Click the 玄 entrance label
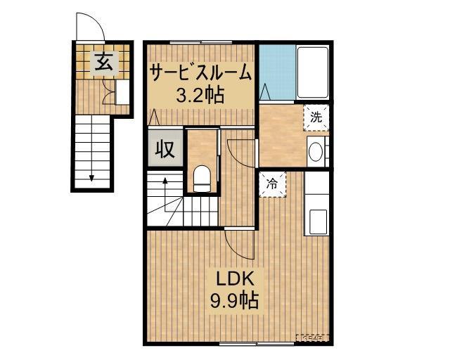coord(103,62)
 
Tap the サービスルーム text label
coord(200,72)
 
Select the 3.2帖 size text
coord(200,95)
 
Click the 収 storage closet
coord(165,150)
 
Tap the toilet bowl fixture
coord(202,177)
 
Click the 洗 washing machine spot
coord(316,117)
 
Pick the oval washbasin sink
coord(316,153)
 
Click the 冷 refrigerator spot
coord(272,184)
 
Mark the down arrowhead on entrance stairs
coord(91,176)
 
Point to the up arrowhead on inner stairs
coord(165,181)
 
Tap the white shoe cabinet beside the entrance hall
coord(122,92)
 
